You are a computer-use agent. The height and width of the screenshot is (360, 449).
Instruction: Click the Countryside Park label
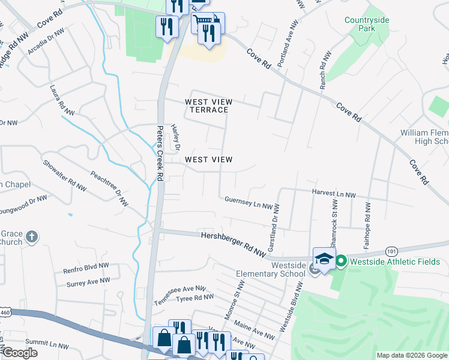coord(367,24)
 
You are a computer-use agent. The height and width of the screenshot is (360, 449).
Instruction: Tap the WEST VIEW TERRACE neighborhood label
coord(208,106)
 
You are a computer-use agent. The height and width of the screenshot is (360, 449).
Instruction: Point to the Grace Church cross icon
coord(32,238)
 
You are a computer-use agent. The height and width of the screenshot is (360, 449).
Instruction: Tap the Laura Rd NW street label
coord(62,100)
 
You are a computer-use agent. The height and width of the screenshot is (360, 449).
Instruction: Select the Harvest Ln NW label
coord(334,194)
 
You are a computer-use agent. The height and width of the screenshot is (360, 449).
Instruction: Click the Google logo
coord(20,353)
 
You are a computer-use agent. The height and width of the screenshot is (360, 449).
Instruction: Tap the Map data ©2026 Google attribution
coord(411,355)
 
